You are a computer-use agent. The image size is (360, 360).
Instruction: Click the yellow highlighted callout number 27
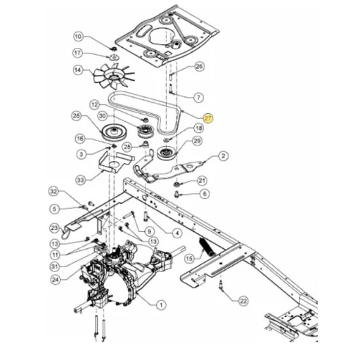(x=208, y=118)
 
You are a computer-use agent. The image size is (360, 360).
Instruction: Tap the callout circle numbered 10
(x=78, y=37)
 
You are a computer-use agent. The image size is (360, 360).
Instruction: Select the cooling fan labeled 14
(x=113, y=77)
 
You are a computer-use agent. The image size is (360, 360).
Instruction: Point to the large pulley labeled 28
(x=114, y=133)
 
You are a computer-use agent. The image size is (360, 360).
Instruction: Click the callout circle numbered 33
(x=80, y=180)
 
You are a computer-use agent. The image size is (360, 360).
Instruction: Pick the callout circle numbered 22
(x=243, y=301)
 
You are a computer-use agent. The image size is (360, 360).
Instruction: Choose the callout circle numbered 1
(x=161, y=305)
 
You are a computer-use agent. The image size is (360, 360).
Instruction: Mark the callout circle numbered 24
(x=56, y=280)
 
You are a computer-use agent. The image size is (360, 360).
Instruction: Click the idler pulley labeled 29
(x=167, y=153)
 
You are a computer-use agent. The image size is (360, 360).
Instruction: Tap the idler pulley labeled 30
(x=146, y=132)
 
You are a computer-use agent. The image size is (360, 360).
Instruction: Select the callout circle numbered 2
(x=223, y=156)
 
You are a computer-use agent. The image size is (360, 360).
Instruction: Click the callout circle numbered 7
(x=199, y=97)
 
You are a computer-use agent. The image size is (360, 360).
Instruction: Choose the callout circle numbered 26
(x=199, y=66)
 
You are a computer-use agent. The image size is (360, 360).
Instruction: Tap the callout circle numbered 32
(x=53, y=191)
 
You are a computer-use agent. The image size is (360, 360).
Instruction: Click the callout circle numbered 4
(x=177, y=233)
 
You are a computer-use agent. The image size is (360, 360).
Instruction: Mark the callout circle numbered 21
(x=202, y=181)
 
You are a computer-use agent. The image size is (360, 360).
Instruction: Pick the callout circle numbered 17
(x=77, y=53)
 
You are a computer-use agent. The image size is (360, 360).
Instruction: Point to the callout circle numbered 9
(x=149, y=232)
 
